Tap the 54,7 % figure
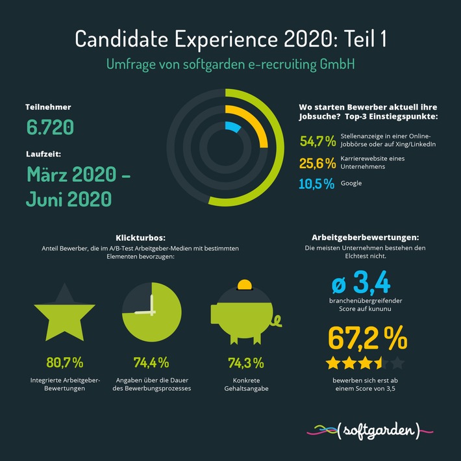coord(317,140)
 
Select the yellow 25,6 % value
coord(317,162)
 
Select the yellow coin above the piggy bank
coord(245,285)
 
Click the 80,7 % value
coord(65,362)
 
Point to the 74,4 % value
coord(151,362)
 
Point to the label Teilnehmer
coord(48,106)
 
